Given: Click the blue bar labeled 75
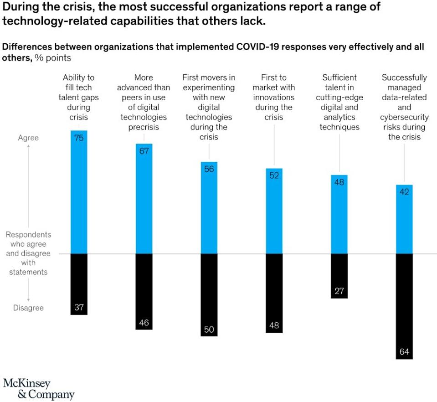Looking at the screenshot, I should pyautogui.click(x=79, y=191).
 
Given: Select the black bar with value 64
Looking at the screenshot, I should pyautogui.click(x=404, y=305).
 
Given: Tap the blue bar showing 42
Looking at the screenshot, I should pyautogui.click(x=404, y=219).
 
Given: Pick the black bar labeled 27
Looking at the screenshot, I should pyautogui.click(x=339, y=275).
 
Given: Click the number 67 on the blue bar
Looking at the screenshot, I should pyautogui.click(x=144, y=151).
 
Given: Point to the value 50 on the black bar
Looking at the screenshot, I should pyautogui.click(x=209, y=329).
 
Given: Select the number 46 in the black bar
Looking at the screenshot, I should pyautogui.click(x=144, y=323).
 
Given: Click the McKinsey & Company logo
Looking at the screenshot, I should pyautogui.click(x=38, y=388).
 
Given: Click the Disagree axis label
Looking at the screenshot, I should pyautogui.click(x=28, y=308).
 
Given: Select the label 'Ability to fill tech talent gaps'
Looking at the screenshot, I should pyautogui.click(x=79, y=98).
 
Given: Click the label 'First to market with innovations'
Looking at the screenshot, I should pyautogui.click(x=274, y=98).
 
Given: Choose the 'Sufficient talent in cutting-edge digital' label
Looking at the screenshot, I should pyautogui.click(x=339, y=103).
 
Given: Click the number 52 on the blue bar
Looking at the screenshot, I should pyautogui.click(x=274, y=175).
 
